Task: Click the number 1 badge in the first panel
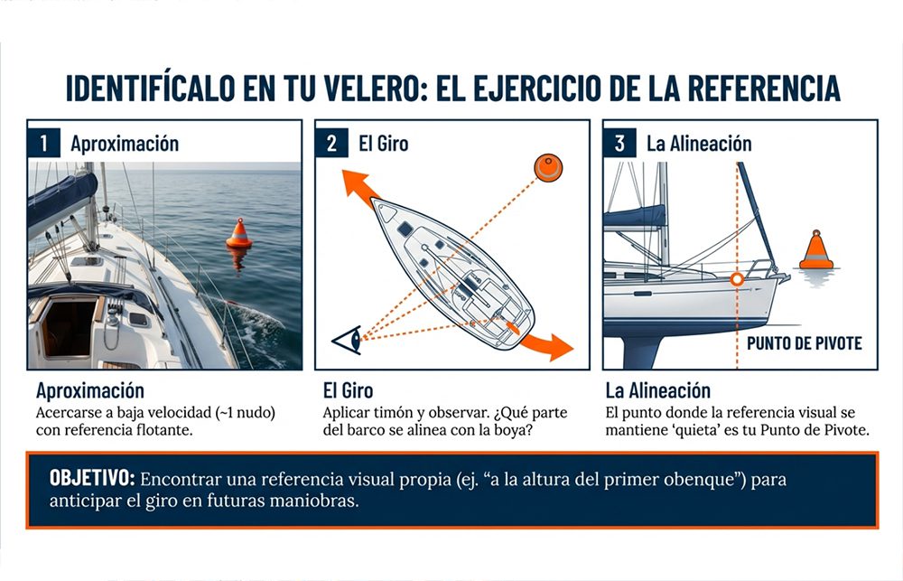pos(43,143)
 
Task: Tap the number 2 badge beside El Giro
pos(331,143)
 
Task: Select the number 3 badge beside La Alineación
pos(619,143)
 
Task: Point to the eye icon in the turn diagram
pos(348,340)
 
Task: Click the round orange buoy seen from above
pos(548,168)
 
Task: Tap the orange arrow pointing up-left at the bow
pos(359,187)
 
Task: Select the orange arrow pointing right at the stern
pos(547,344)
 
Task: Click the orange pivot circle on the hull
pos(737,279)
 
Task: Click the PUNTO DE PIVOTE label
pos(804,343)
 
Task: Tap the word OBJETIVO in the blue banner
pos(92,478)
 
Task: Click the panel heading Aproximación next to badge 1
pos(125,144)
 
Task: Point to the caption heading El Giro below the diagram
pos(348,390)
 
